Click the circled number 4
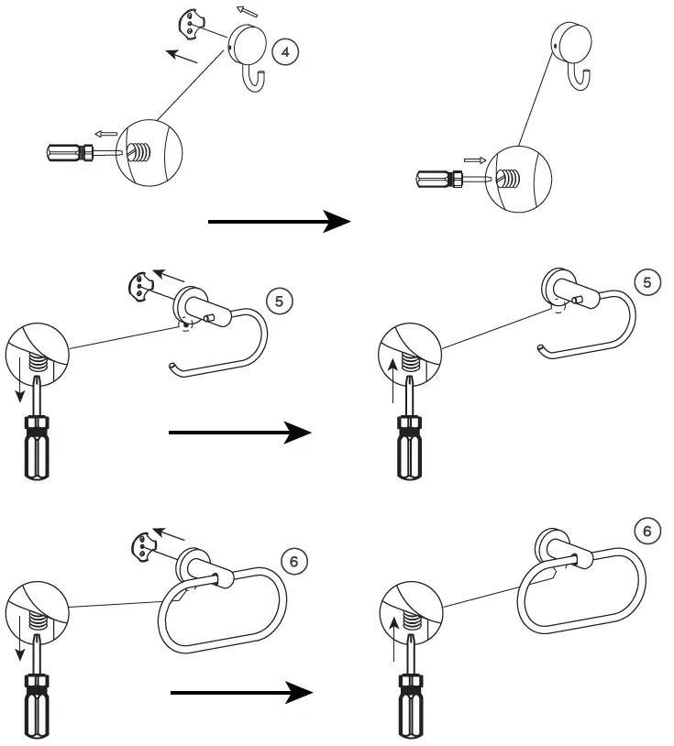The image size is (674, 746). click(285, 52)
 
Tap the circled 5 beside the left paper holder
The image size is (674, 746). click(279, 302)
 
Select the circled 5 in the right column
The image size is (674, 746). click(646, 282)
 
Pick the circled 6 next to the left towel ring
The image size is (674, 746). click(293, 562)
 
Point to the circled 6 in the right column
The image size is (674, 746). click(646, 531)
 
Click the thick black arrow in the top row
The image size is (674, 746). click(280, 221)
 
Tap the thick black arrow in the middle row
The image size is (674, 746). click(240, 433)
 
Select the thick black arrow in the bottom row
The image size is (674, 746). click(242, 693)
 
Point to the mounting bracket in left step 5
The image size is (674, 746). click(140, 287)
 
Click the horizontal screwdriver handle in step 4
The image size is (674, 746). click(70, 153)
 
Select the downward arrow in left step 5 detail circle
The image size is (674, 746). click(19, 379)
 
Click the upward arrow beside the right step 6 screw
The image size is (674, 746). click(392, 640)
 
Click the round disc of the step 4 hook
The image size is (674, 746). click(247, 43)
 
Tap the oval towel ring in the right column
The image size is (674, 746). click(581, 591)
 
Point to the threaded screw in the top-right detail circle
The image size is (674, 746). click(508, 178)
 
